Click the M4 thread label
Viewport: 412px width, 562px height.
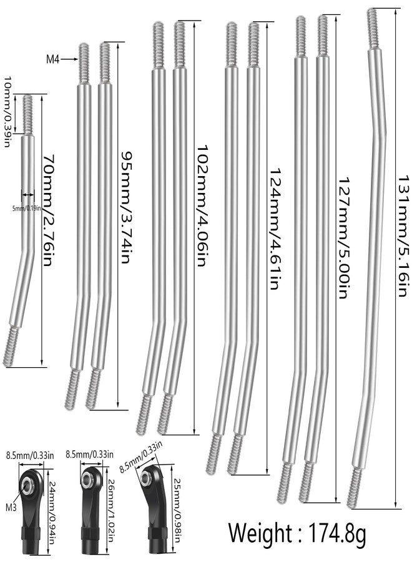[52, 59]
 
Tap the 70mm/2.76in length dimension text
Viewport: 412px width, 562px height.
[48, 210]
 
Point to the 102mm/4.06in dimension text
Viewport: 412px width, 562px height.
[202, 205]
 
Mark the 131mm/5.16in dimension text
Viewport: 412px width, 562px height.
[403, 235]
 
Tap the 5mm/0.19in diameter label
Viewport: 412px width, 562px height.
[27, 207]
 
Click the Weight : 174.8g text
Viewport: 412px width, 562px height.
[297, 533]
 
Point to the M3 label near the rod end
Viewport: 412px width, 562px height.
[11, 507]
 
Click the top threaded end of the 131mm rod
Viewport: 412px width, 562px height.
[373, 29]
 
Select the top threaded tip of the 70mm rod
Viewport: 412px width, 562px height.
[27, 96]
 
